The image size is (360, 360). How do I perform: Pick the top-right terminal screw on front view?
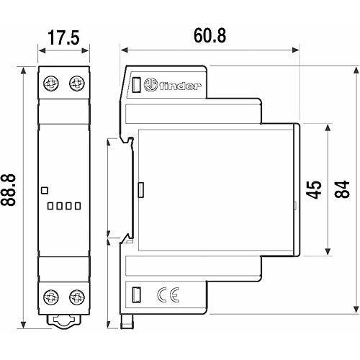point(74,85)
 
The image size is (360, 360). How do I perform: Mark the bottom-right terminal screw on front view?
point(74,295)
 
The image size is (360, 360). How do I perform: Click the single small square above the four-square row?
point(45,191)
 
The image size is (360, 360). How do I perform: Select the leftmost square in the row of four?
point(50,206)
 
